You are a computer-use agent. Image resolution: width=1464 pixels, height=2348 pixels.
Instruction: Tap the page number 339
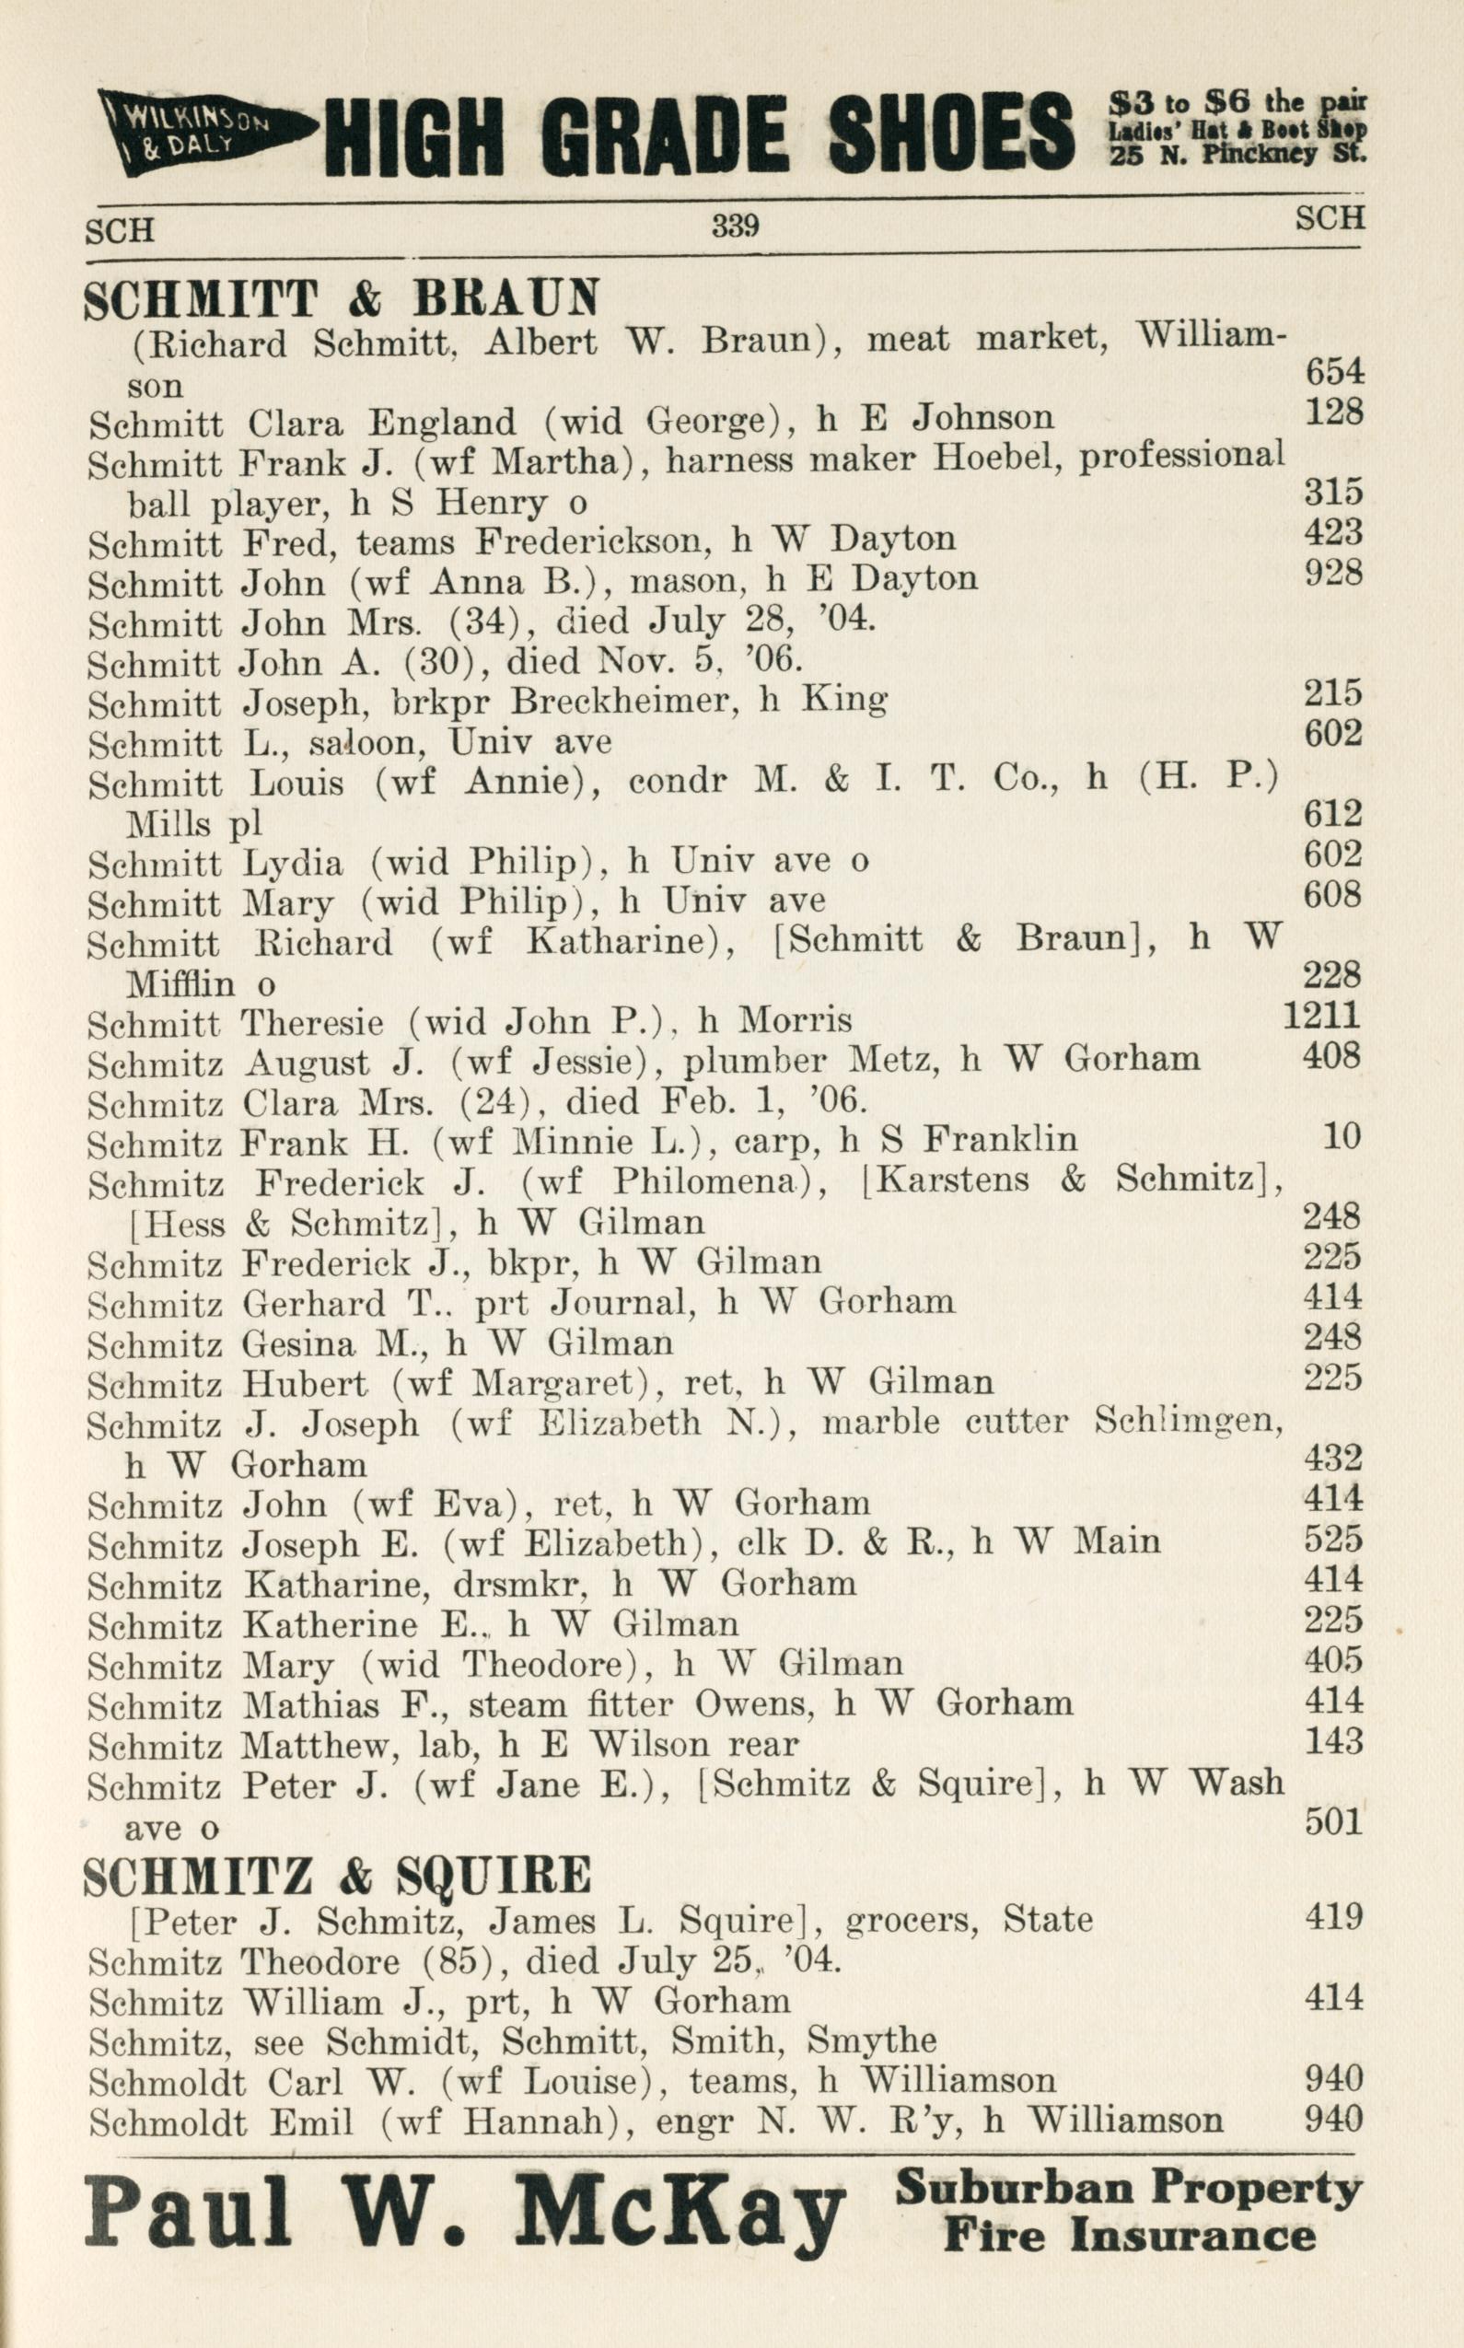coord(735,226)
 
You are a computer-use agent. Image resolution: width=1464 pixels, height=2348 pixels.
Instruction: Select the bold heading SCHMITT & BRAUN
coord(341,299)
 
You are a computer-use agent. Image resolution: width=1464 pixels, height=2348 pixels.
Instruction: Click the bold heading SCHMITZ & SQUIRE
coord(337,1877)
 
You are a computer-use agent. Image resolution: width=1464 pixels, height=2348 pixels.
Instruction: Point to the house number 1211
coord(1321,1015)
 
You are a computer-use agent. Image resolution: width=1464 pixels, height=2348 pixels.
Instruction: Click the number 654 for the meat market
coord(1333,372)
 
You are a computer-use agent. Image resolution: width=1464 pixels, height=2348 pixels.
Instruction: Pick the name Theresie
coord(312,1022)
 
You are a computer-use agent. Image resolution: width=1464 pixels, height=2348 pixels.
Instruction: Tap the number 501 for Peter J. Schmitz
coord(1333,1822)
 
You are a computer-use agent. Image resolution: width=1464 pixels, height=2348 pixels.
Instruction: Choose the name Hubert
coord(304,1384)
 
